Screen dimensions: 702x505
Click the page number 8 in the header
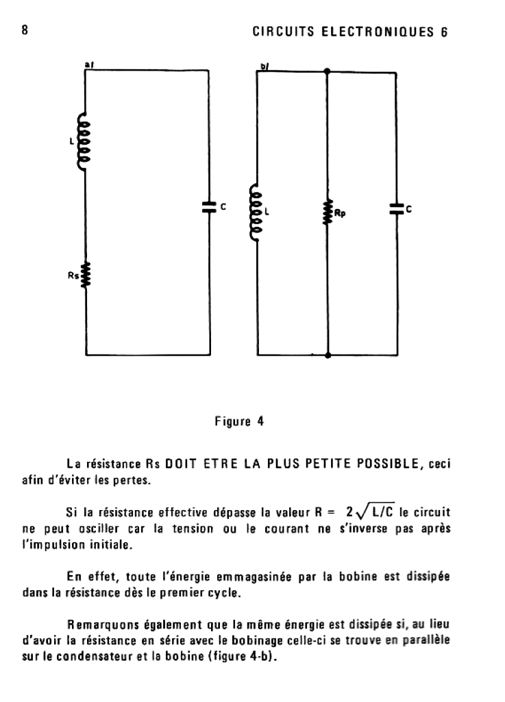coord(25,30)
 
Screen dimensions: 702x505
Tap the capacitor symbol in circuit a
coord(210,206)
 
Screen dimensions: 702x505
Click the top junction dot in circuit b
coord(328,71)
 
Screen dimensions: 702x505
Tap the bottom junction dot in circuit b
coord(328,355)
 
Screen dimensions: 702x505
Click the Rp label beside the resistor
coord(340,213)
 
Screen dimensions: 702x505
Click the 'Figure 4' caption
coord(240,422)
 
